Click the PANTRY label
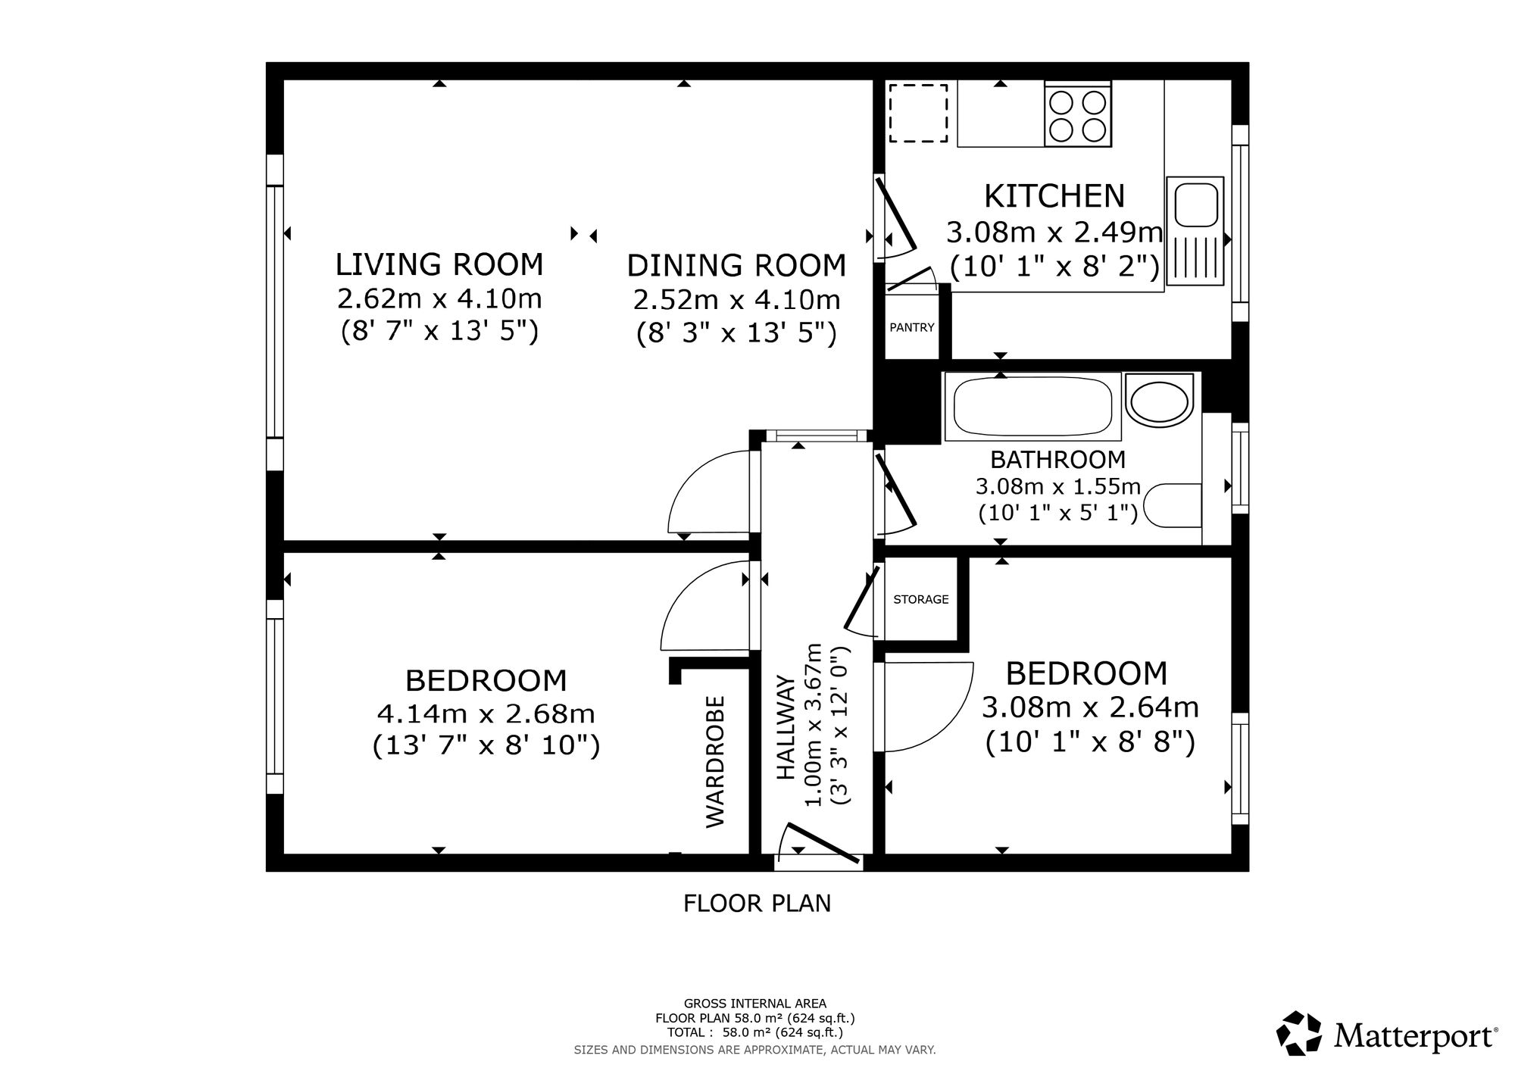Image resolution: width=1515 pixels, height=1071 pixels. pyautogui.click(x=912, y=328)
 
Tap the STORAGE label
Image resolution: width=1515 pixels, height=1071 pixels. pyautogui.click(x=921, y=599)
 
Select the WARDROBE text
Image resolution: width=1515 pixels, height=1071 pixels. pyautogui.click(x=716, y=762)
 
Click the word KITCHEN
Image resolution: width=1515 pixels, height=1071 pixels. pyautogui.click(x=1054, y=196)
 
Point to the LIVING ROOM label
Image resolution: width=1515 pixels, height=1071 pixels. pyautogui.click(x=439, y=264)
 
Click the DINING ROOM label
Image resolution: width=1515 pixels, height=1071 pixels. pyautogui.click(x=736, y=266)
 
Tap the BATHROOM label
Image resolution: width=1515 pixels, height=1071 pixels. pyautogui.click(x=1058, y=460)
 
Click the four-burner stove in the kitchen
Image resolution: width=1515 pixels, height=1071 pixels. pyautogui.click(x=1078, y=114)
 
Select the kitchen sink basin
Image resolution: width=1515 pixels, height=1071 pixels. pyautogui.click(x=1196, y=205)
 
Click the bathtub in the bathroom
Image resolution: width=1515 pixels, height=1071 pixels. pyautogui.click(x=1032, y=407)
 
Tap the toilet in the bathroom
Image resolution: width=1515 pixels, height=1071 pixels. pyautogui.click(x=1173, y=505)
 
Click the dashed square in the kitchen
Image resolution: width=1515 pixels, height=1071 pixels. pyautogui.click(x=918, y=114)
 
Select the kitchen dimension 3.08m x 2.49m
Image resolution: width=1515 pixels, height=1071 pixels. pyautogui.click(x=1054, y=232)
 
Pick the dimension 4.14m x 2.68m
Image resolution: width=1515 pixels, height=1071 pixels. pyautogui.click(x=486, y=713)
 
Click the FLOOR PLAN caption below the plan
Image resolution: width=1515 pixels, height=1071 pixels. pyautogui.click(x=757, y=904)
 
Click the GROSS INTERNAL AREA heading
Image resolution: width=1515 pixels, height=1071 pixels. pyautogui.click(x=755, y=1004)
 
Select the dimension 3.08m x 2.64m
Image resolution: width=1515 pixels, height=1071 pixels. pyautogui.click(x=1090, y=707)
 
